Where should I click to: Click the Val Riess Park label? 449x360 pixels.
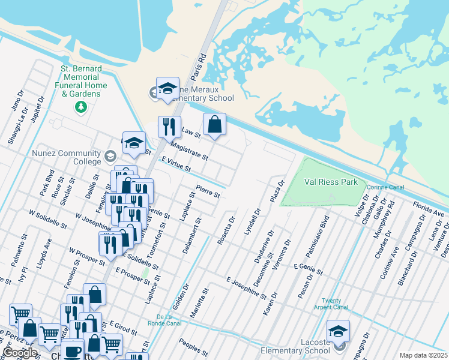tap(331, 182)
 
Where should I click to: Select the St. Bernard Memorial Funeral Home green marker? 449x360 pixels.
tap(80, 107)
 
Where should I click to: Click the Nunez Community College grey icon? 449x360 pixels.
tap(110, 157)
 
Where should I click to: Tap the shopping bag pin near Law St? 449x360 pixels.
tap(214, 125)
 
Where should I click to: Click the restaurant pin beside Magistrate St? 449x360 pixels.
tap(169, 127)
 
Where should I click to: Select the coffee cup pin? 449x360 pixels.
tap(73, 350)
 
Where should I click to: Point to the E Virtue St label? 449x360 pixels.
tap(176, 163)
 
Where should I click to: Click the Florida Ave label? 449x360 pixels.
tap(428, 210)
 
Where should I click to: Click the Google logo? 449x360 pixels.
tap(20, 353)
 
